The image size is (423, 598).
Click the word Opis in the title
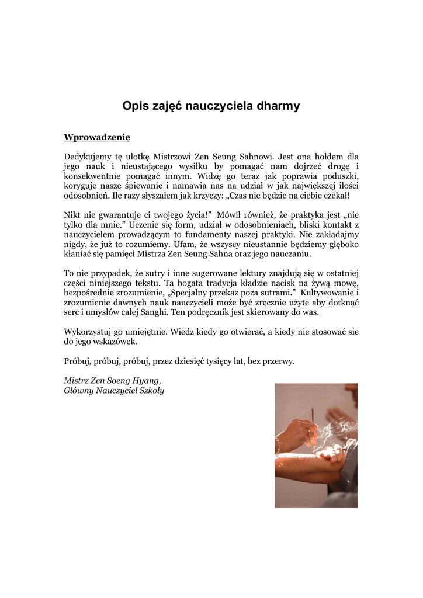(134, 106)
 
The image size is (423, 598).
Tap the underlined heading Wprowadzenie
(96, 137)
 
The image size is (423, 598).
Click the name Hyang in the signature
(145, 380)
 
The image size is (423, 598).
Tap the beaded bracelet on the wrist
(279, 445)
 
